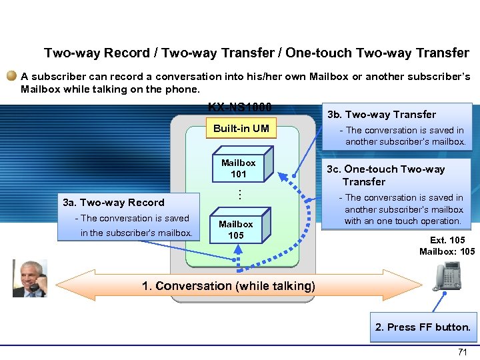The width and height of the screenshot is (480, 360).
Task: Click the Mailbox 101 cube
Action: pyautogui.click(x=239, y=168)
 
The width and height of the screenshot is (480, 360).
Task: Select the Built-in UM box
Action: pyautogui.click(x=241, y=128)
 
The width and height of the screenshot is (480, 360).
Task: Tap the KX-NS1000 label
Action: pyautogui.click(x=240, y=107)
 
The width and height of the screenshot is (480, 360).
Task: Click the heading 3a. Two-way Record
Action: pyautogui.click(x=113, y=203)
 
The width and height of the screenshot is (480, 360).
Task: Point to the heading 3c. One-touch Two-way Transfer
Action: pyautogui.click(x=393, y=175)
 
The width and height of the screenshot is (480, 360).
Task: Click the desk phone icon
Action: pyautogui.click(x=446, y=275)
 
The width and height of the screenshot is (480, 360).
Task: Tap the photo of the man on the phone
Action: pyautogui.click(x=30, y=277)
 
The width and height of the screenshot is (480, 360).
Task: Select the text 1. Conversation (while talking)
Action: pyautogui.click(x=228, y=286)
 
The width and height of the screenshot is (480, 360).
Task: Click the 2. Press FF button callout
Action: pyautogui.click(x=423, y=327)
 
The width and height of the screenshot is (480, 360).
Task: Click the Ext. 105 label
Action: pyautogui.click(x=447, y=240)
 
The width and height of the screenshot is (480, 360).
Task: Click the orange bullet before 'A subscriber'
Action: pyautogui.click(x=12, y=77)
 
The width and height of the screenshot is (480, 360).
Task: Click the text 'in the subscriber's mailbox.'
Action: pyautogui.click(x=136, y=233)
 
